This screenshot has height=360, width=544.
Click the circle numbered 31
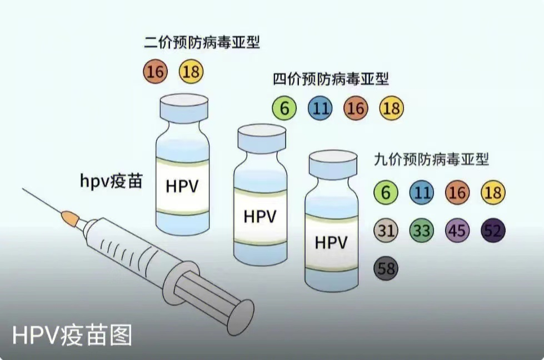[386, 231]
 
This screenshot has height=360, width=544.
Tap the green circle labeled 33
[421, 231]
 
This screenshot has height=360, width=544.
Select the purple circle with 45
[457, 231]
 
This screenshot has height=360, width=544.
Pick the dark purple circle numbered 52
[492, 231]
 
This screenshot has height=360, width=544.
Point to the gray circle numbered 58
[386, 268]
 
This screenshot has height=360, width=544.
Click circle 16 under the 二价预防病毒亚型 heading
[155, 72]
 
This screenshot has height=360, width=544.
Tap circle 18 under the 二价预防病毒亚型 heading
[191, 72]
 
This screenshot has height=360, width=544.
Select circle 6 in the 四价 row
[285, 108]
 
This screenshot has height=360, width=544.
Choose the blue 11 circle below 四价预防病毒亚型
[320, 108]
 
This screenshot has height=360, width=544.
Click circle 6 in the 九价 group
[386, 193]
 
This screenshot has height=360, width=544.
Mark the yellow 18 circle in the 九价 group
[492, 193]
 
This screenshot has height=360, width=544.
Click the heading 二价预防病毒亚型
[202, 42]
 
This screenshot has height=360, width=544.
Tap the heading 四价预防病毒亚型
[331, 79]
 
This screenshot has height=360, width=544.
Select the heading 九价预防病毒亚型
[431, 161]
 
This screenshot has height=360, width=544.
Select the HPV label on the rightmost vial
[331, 243]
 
